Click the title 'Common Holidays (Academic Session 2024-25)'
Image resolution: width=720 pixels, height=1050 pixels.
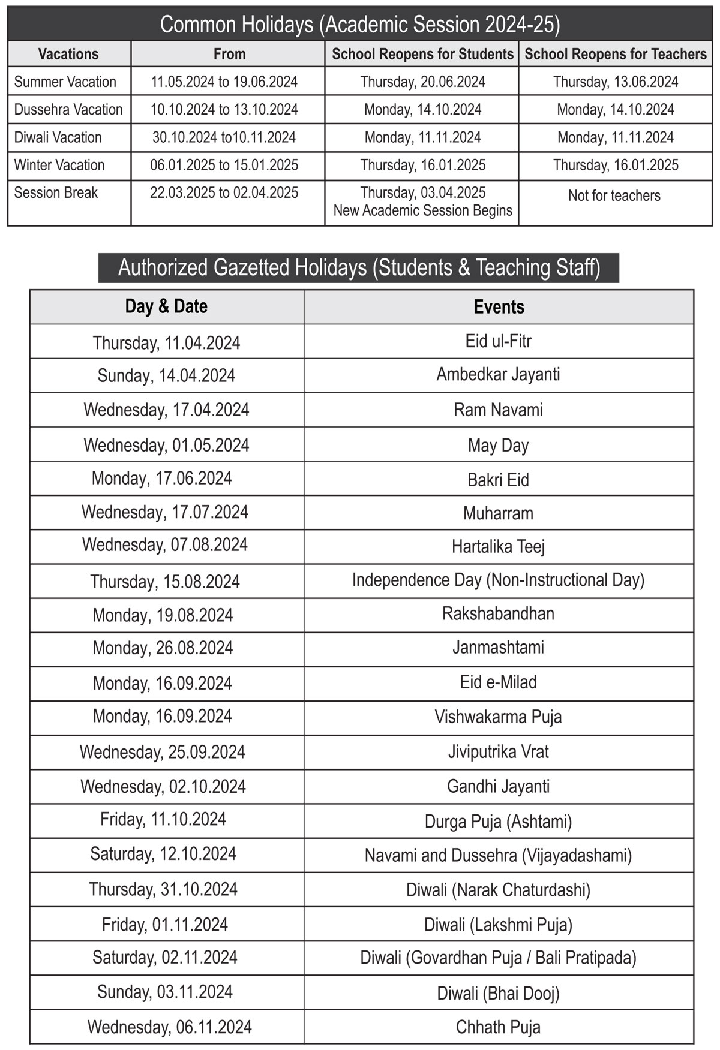tap(360, 25)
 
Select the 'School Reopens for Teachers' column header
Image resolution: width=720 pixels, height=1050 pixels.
tap(616, 54)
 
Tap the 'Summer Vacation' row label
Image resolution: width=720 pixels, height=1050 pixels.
tap(65, 82)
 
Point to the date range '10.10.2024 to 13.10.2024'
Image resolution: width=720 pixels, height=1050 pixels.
tap(224, 110)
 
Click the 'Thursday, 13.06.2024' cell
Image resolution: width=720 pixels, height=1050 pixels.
tap(616, 82)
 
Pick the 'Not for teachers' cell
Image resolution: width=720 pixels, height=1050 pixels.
tap(614, 196)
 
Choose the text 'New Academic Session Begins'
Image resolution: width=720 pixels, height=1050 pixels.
tap(423, 211)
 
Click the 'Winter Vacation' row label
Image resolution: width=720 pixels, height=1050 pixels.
tap(59, 165)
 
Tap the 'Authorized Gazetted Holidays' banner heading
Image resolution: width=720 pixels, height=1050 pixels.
tap(359, 268)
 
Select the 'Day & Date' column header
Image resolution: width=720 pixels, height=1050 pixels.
tap(166, 306)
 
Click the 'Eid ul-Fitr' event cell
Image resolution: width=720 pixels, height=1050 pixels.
tap(499, 341)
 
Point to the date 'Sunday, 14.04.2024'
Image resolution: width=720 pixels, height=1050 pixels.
tap(166, 376)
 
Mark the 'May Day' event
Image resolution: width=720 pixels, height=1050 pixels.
tap(499, 446)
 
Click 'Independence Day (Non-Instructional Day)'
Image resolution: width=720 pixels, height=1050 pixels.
tap(499, 580)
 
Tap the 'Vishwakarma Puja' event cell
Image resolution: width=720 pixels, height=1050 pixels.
tap(499, 717)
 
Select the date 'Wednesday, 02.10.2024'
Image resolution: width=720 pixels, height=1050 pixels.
tap(163, 787)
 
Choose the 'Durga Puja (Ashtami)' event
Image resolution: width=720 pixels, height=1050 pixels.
tap(499, 822)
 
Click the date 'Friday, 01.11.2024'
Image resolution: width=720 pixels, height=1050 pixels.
tap(165, 925)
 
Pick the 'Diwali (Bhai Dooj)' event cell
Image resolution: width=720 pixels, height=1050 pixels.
tap(499, 994)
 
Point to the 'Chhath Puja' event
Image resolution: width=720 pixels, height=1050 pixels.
tap(499, 1027)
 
